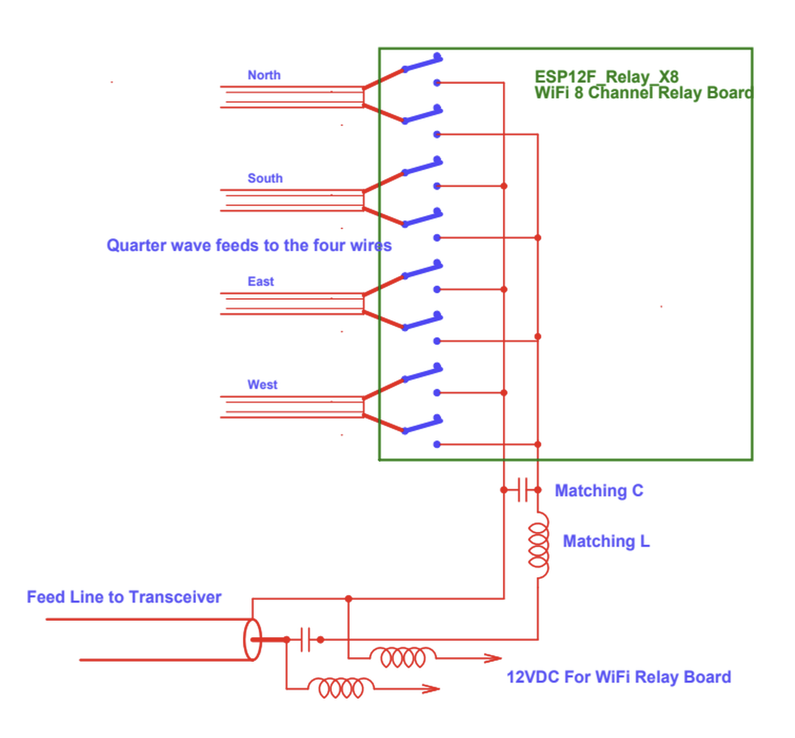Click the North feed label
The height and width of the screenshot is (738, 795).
pyautogui.click(x=264, y=75)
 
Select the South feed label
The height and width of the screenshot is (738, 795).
pyautogui.click(x=265, y=179)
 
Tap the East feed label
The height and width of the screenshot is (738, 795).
pyautogui.click(x=261, y=282)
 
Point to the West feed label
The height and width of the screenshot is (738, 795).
pyautogui.click(x=262, y=385)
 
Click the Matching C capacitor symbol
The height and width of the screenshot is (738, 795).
pyautogui.click(x=522, y=490)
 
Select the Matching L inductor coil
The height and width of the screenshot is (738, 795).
pyautogui.click(x=539, y=545)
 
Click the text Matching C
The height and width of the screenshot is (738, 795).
pyautogui.click(x=598, y=491)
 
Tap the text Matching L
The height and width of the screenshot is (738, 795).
pyautogui.click(x=606, y=541)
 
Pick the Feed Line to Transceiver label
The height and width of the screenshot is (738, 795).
pyautogui.click(x=124, y=597)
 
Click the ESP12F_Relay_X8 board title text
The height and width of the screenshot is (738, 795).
pyautogui.click(x=606, y=77)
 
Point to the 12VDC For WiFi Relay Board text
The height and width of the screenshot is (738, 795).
pyautogui.click(x=619, y=677)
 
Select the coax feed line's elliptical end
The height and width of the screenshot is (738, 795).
pyautogui.click(x=252, y=639)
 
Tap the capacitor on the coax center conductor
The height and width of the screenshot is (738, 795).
pyautogui.click(x=305, y=639)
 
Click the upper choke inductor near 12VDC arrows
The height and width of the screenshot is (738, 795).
pyautogui.click(x=403, y=657)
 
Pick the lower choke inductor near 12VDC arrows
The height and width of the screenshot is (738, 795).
pyautogui.click(x=341, y=688)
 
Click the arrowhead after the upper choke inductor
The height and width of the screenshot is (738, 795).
pyautogui.click(x=493, y=658)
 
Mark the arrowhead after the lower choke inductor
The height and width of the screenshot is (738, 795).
pyautogui.click(x=431, y=689)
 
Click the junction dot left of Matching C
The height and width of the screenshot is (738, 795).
pyautogui.click(x=503, y=490)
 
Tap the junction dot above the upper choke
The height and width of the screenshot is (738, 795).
pyautogui.click(x=349, y=598)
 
